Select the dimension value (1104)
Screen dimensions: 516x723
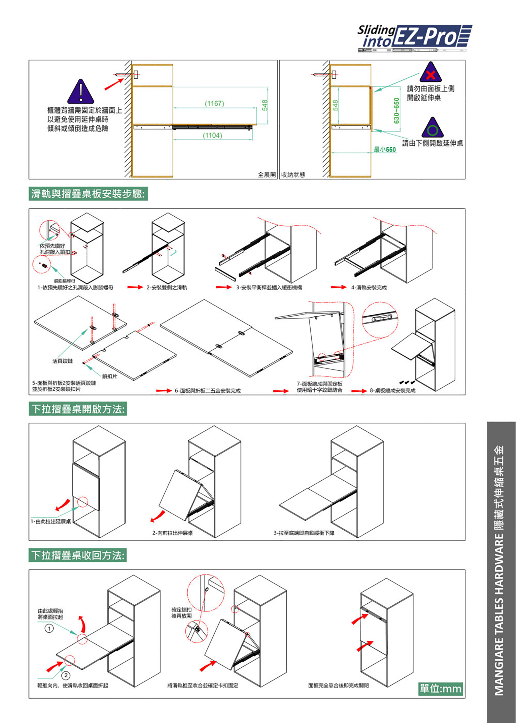coord(212,136)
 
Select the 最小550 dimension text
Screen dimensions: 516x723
coord(384,150)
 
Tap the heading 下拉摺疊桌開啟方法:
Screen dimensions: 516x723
coord(78,409)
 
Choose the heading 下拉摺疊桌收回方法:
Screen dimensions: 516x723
coord(78,555)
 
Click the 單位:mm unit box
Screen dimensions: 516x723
coord(440,688)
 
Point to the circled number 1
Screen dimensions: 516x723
coord(49,628)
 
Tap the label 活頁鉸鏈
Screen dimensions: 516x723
coord(63,361)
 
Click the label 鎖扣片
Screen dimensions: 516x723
coord(109,376)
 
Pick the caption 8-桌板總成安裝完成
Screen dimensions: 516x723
coord(392,391)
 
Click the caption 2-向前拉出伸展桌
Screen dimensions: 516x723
coord(173,533)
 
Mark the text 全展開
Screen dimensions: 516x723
coord(267,175)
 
